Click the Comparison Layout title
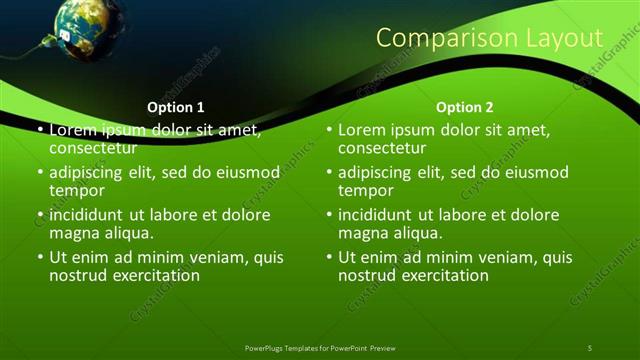[x=489, y=38]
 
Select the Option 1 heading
[x=176, y=106]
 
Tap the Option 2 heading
[x=465, y=106]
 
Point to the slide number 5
[x=590, y=347]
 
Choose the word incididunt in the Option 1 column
[x=87, y=215]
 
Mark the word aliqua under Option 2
[x=418, y=233]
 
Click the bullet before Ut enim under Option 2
[x=329, y=257]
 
